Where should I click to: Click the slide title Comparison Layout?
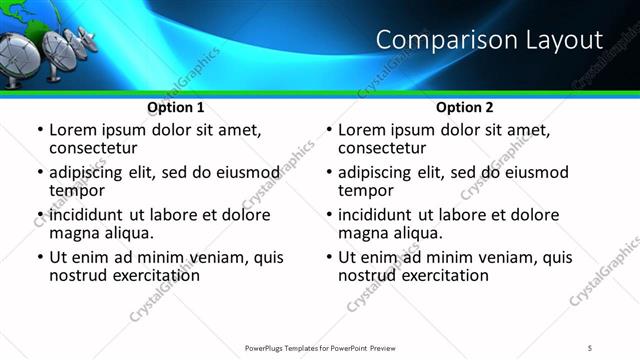point(489,40)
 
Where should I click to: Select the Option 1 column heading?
point(176,106)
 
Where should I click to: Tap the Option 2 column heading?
point(465,106)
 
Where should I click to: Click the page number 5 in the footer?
point(590,348)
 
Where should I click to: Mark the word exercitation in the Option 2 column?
point(443,275)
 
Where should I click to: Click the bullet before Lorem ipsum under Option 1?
point(39,131)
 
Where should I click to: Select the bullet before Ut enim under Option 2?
point(328,257)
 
